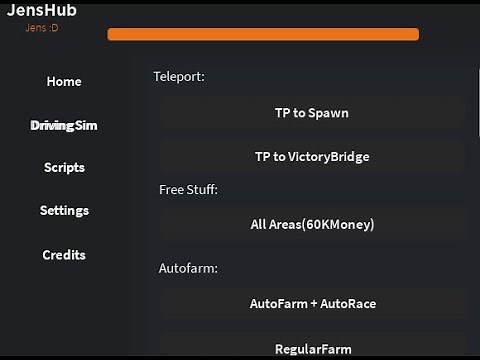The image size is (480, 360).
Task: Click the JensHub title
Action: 42,11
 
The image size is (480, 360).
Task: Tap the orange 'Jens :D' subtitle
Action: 42,27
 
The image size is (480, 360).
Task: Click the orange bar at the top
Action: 262,34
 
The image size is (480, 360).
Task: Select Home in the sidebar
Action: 64,82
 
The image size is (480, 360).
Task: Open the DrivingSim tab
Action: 64,125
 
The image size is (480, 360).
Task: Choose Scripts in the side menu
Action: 64,168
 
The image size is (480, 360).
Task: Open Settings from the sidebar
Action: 64,211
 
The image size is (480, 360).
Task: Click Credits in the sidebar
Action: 64,255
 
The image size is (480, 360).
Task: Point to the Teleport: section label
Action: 179,76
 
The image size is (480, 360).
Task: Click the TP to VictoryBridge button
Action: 311,157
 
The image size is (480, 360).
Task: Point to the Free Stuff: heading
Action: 188,189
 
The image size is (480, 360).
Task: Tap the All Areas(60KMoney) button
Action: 311,225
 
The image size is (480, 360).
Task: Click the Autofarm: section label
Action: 188,268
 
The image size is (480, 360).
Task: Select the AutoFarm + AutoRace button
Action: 311,303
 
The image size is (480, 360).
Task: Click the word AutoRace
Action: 349,303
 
